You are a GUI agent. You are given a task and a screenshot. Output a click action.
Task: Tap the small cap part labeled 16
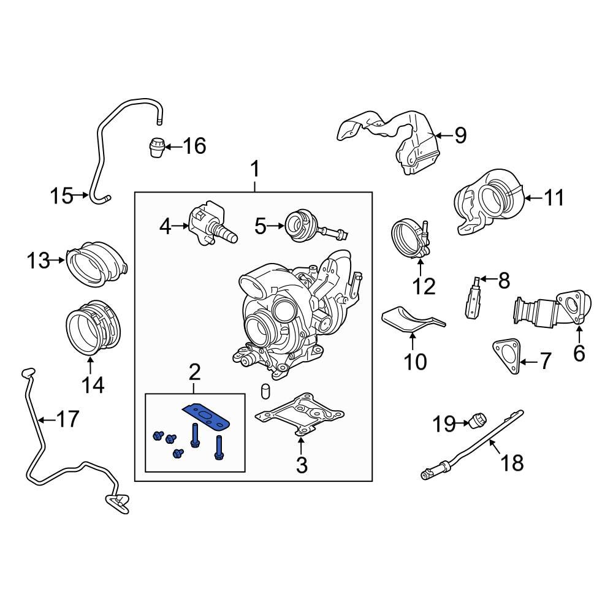point(158,147)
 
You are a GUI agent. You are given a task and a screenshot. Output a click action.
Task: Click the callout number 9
point(460,135)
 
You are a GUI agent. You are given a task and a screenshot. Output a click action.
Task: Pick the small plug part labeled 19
point(478,421)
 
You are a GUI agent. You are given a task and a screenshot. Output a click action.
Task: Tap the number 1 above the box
point(255,169)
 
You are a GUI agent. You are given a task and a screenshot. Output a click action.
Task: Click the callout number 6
point(579,352)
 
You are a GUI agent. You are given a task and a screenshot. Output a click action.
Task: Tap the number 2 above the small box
point(194,371)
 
